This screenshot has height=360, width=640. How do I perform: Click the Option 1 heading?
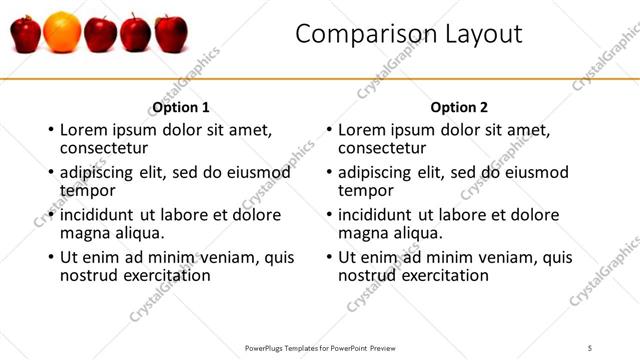coord(181,107)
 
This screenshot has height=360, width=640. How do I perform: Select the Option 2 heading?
coord(460,107)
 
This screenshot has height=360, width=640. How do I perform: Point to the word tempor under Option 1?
coord(88,190)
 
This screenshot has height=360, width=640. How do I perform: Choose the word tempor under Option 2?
coord(366,190)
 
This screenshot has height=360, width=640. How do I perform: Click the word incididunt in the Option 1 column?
coord(99,214)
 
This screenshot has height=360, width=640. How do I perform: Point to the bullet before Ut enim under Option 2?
coord(328,257)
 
